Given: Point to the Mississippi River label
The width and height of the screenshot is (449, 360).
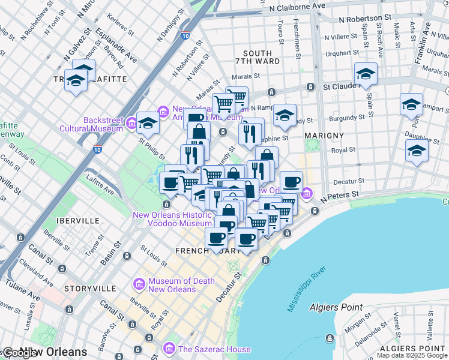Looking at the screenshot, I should [309, 289].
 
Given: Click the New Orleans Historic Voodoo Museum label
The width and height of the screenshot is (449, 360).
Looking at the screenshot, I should [172, 219].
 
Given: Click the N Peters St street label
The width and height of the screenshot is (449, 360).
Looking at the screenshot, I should [340, 195].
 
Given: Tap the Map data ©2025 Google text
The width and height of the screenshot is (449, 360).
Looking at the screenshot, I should [411, 355].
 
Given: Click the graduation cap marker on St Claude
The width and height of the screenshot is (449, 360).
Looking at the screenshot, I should [365, 74].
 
